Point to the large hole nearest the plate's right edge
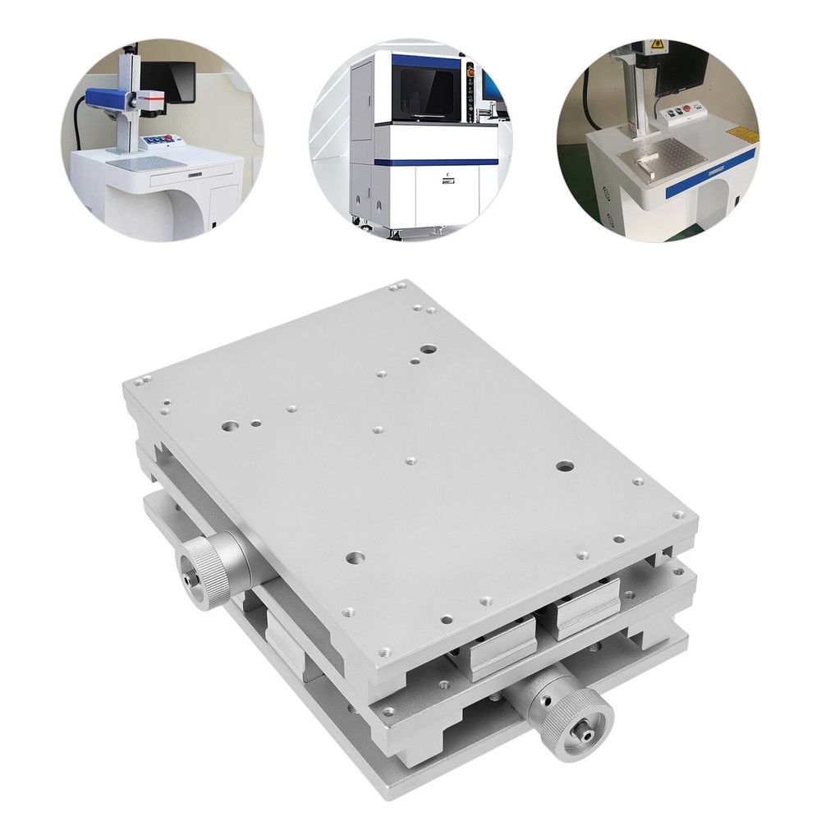coord(564,466)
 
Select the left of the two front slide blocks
coord(502,649)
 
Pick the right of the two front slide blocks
coord(587,606)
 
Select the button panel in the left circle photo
coord(163,140)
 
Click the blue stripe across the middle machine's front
coord(435,162)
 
